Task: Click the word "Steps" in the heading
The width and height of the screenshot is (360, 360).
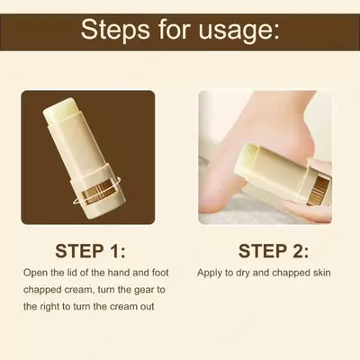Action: (115, 30)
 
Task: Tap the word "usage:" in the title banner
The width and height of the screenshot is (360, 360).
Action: (239, 32)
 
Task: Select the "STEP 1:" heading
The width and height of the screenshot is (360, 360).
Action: (90, 251)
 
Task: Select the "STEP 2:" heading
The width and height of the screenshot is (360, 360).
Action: (274, 251)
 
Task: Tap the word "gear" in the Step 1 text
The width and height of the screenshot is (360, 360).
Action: (143, 291)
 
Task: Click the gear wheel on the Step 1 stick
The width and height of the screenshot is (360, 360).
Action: (95, 193)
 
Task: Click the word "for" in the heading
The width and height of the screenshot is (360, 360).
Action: (175, 30)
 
